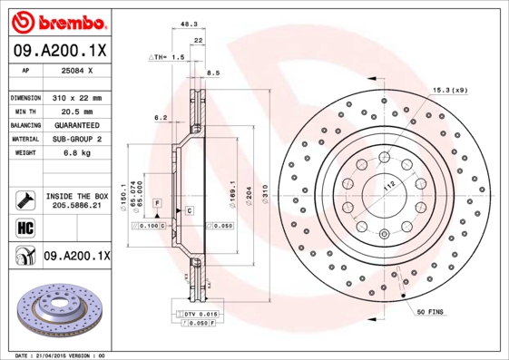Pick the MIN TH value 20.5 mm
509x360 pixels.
(x=76, y=111)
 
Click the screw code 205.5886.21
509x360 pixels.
(x=76, y=206)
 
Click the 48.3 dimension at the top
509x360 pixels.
(x=188, y=25)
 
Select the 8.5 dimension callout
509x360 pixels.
(x=214, y=73)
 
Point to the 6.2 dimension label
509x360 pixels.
(x=161, y=118)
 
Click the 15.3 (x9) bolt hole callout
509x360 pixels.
(x=449, y=89)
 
